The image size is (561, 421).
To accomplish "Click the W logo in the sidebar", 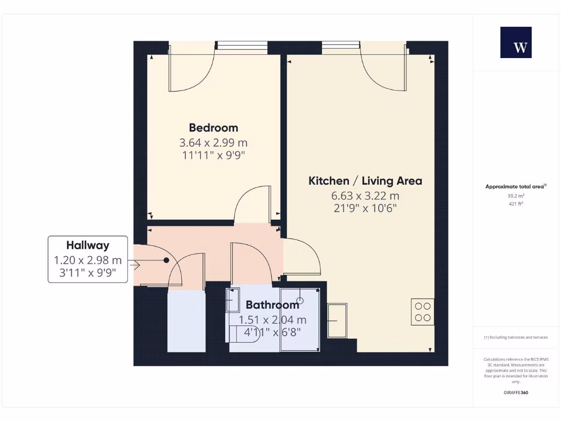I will point(516,43).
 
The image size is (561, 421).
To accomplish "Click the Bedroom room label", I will point(214,128).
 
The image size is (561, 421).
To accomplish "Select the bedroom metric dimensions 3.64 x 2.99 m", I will point(214,143).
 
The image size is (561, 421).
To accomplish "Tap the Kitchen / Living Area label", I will point(365,181).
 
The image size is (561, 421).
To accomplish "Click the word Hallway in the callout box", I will point(88,246).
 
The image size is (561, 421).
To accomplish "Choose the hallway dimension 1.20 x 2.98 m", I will point(88,260).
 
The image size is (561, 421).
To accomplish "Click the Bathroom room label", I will point(272,305).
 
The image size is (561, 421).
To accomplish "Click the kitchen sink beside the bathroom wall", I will point(337,320).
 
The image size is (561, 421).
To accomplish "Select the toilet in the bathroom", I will point(244,333).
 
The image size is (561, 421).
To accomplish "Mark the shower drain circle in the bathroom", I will point(300,300).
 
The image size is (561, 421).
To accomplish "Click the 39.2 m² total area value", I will point(515,195).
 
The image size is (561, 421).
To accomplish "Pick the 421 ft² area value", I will point(515,204).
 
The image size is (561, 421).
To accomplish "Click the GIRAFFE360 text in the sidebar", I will point(516,392).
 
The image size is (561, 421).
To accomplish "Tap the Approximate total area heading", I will point(516,186).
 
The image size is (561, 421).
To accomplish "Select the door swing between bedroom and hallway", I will point(253,204).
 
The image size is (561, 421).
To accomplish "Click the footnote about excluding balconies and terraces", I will point(516,337).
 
